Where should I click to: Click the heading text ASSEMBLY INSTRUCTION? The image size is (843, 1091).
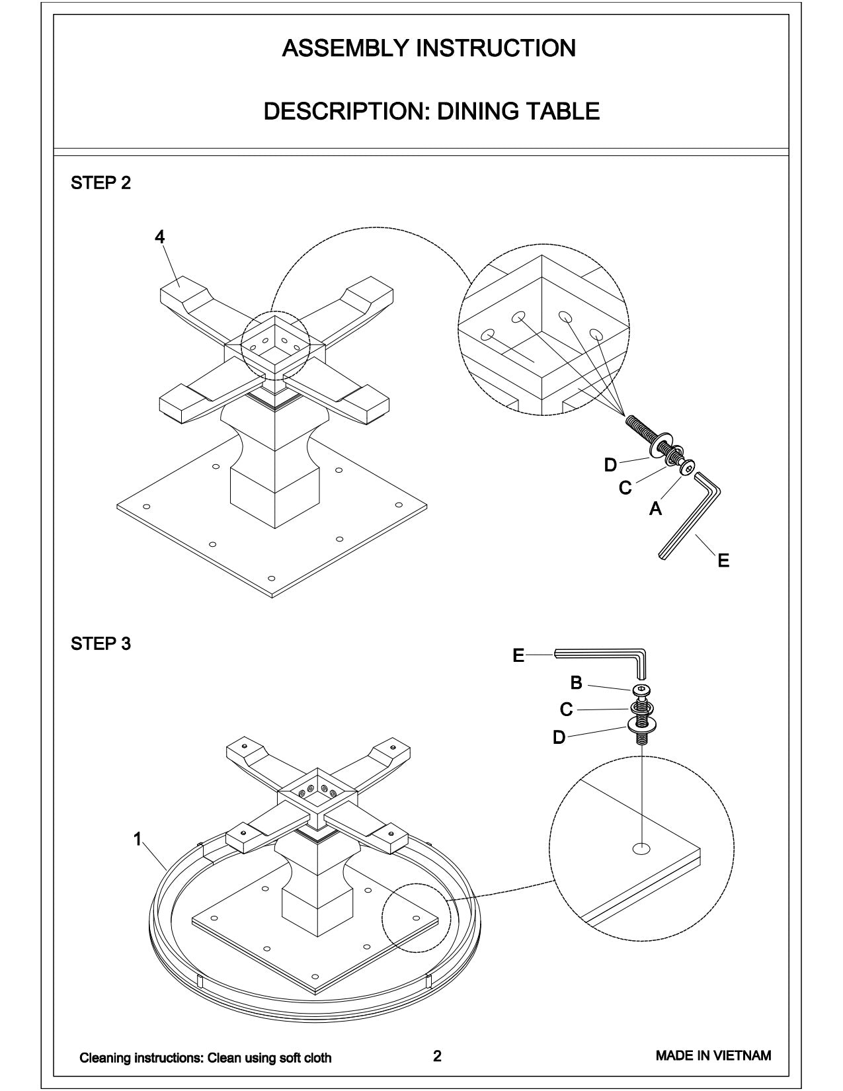point(428,48)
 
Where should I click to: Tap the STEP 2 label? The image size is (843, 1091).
point(100,183)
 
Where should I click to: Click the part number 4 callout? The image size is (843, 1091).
point(159,237)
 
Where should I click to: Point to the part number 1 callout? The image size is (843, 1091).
point(138,839)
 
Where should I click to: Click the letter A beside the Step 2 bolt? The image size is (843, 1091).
point(655,508)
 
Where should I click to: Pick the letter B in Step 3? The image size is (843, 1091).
point(576,683)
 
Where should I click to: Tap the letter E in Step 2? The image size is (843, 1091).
point(723,561)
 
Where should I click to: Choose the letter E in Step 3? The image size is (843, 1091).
point(518,655)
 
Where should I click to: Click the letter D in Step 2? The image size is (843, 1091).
point(610,465)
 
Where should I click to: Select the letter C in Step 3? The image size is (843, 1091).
point(566,709)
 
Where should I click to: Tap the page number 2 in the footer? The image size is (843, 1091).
point(437,1056)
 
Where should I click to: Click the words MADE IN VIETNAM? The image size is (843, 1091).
point(713,1055)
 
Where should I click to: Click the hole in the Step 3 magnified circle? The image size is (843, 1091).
point(641,848)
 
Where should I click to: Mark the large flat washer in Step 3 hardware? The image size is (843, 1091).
point(641,727)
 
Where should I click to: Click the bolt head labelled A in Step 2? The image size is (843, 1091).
point(688,468)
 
